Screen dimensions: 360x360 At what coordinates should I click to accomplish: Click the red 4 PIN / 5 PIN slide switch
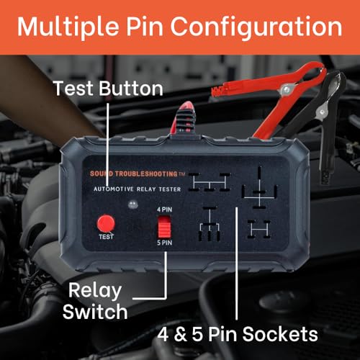(x=164, y=226)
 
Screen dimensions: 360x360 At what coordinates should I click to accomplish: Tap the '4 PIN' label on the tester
(x=165, y=210)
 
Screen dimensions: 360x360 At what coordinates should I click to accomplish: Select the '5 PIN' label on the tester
(x=165, y=243)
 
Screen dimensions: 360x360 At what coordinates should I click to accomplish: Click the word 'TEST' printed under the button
(x=106, y=237)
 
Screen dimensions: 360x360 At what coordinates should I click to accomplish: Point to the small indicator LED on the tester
(x=132, y=204)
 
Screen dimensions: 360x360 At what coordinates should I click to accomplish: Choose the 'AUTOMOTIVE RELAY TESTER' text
(x=137, y=189)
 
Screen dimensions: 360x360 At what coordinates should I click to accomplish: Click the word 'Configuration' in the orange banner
(x=256, y=27)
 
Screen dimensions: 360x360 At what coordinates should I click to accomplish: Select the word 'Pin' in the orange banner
(x=145, y=27)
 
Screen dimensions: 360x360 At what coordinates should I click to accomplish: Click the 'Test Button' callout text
(x=108, y=88)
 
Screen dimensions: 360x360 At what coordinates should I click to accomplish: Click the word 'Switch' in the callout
(x=95, y=311)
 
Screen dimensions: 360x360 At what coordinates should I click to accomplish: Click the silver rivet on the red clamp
(x=286, y=90)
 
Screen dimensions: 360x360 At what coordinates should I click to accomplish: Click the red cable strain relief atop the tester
(x=185, y=118)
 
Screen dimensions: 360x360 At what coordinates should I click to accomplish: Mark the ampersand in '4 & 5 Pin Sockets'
(x=180, y=334)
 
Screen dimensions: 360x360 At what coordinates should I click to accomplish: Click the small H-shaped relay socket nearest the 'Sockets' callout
(x=259, y=229)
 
